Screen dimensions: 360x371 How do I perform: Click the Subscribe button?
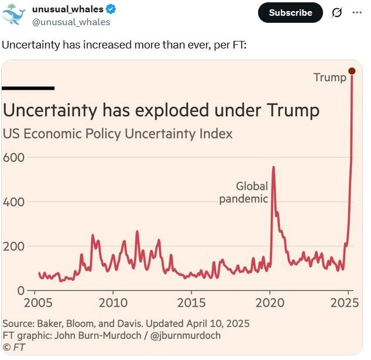coord(291,12)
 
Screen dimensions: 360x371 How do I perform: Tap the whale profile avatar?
coord(13,14)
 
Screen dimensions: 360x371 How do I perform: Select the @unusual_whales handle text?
coord(71,22)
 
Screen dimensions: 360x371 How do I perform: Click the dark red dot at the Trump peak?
coord(352,71)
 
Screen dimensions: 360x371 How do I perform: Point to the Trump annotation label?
coord(329,77)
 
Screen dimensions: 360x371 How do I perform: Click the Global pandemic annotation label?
coord(243,193)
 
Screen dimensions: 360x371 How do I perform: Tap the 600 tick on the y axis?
coord(13,158)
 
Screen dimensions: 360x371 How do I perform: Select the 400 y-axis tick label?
coord(13,202)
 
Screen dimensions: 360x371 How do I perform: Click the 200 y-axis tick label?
coord(13,247)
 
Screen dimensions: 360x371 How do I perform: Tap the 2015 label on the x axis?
coord(191,303)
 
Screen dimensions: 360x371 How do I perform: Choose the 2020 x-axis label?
coord(270,303)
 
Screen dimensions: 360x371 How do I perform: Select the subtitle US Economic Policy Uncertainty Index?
coord(118,133)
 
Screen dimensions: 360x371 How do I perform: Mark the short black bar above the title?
coord(29,88)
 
